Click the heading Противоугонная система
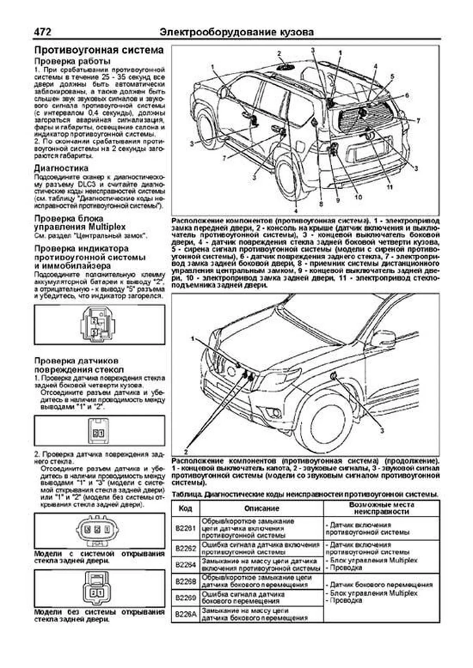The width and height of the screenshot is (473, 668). pyautogui.click(x=99, y=50)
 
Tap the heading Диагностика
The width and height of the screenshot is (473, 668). pyautogui.click(x=61, y=168)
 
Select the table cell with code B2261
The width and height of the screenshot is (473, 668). pyautogui.click(x=186, y=528)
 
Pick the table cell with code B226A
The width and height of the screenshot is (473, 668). pyautogui.click(x=186, y=614)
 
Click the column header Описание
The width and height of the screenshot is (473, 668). pyautogui.click(x=262, y=509)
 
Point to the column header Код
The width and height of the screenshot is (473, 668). pyautogui.click(x=186, y=509)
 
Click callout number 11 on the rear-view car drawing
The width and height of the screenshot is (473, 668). pyautogui.click(x=389, y=187)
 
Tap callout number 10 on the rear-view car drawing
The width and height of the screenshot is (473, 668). pyautogui.click(x=358, y=197)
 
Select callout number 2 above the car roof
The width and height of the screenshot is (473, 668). pyautogui.click(x=279, y=53)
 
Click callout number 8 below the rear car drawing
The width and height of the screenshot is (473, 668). pyautogui.click(x=321, y=204)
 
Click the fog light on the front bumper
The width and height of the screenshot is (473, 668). pyautogui.click(x=275, y=413)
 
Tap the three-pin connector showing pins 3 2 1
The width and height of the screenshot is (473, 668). pyautogui.click(x=99, y=529)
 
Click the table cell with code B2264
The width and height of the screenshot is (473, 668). pyautogui.click(x=186, y=564)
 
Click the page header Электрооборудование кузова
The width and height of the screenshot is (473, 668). pyautogui.click(x=237, y=32)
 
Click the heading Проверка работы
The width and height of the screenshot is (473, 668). pyautogui.click(x=72, y=61)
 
